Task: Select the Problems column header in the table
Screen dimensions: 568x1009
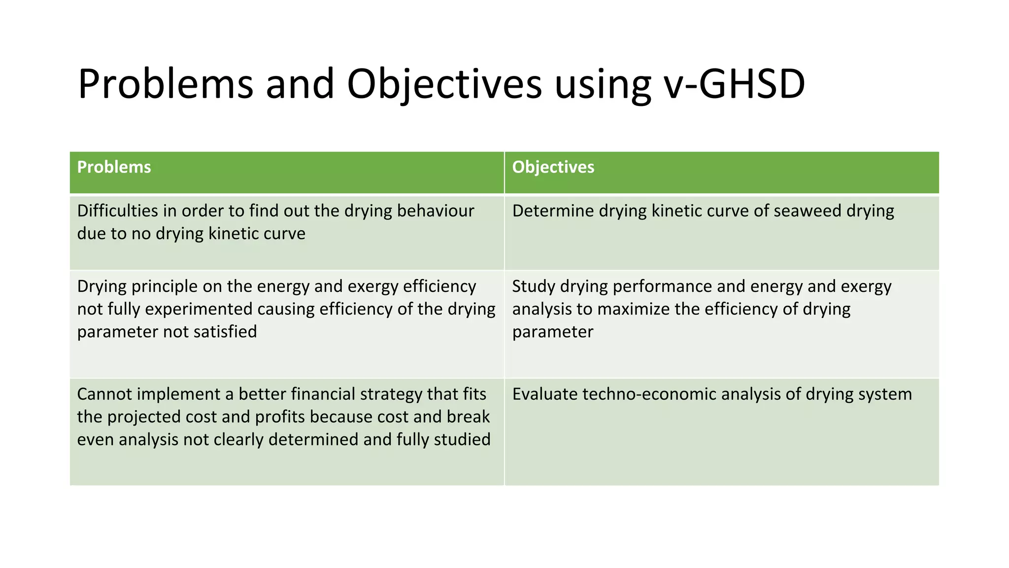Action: click(x=114, y=167)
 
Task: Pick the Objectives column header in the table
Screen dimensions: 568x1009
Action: click(x=553, y=167)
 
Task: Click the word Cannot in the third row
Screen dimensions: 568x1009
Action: click(x=104, y=394)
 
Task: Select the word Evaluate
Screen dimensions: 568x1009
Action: click(x=544, y=394)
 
